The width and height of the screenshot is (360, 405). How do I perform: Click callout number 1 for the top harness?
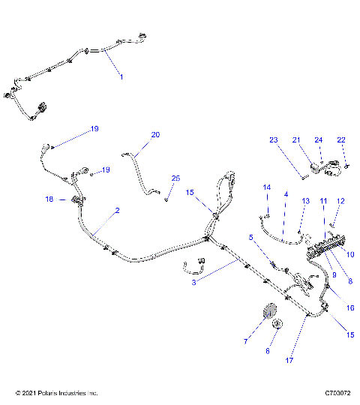(x=121, y=77)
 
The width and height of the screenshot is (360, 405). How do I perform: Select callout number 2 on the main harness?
(x=116, y=212)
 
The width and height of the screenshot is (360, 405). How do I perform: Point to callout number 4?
(x=285, y=195)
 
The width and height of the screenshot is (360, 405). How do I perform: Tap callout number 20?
(x=155, y=135)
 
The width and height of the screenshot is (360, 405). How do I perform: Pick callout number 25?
(x=175, y=178)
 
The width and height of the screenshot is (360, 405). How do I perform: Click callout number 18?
(x=49, y=199)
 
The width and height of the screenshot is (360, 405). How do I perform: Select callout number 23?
(x=273, y=140)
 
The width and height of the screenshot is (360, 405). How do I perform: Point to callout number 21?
(x=295, y=140)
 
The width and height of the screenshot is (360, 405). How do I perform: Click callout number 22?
(x=341, y=140)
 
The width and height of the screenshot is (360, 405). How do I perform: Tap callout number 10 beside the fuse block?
(x=349, y=254)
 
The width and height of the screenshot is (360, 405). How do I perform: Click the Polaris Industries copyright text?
(x=56, y=392)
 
